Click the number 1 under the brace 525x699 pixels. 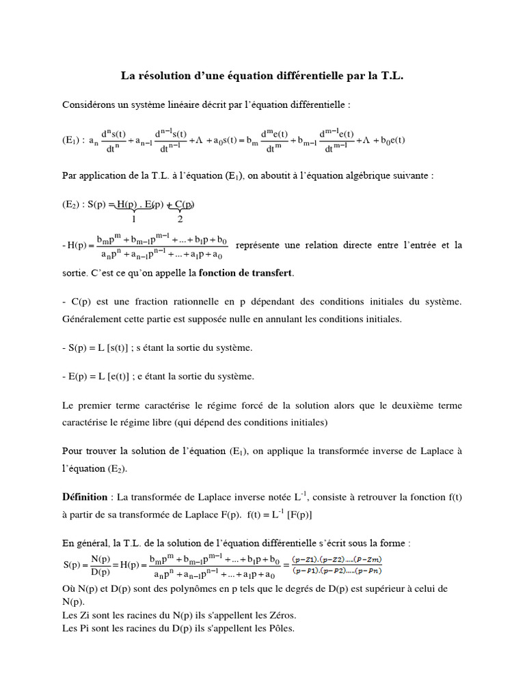pos(134,219)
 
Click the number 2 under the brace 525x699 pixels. pos(180,219)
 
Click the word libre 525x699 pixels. pos(159,423)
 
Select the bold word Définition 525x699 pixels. pos(85,497)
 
